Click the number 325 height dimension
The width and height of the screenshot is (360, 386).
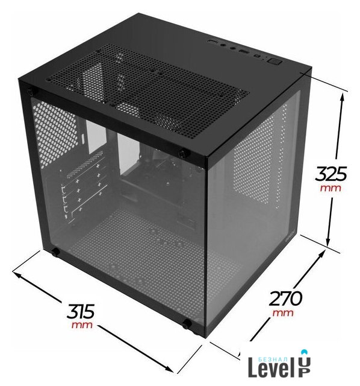(331, 174)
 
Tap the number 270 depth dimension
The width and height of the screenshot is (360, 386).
(285, 299)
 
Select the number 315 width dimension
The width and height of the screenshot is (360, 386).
(80, 311)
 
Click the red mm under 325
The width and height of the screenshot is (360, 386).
(331, 188)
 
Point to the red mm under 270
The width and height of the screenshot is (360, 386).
(283, 313)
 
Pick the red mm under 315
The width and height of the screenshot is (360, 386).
(82, 325)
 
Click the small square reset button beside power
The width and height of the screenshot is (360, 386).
(258, 57)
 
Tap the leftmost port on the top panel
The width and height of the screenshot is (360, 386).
(213, 42)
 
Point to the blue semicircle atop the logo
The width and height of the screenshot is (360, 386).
(305, 351)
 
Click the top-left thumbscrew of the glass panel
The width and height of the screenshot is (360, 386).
(31, 92)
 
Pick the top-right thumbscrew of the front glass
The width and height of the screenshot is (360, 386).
(182, 154)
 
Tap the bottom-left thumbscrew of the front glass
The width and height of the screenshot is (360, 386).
(55, 252)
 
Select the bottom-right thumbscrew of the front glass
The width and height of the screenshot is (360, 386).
(187, 323)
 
